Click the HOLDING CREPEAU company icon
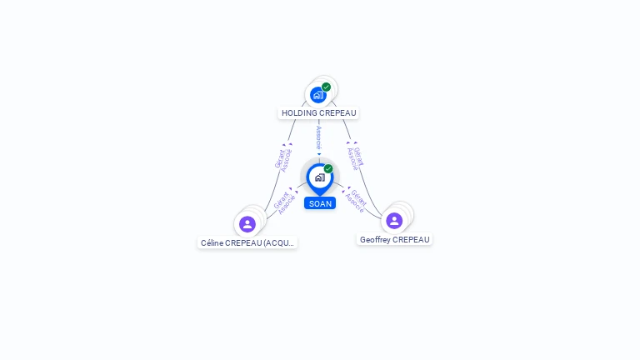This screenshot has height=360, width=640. point(317,95)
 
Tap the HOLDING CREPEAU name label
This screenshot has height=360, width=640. point(319,112)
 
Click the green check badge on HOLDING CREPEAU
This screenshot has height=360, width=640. point(326,87)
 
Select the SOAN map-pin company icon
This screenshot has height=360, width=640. point(319,177)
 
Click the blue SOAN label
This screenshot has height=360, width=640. point(320,203)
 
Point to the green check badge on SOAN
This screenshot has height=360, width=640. point(328,168)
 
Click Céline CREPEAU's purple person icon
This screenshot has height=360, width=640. point(247,224)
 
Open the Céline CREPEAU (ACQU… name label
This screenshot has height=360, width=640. point(247,243)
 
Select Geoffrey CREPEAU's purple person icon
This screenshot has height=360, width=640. point(394,221)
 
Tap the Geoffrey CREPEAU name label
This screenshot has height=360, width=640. point(395,240)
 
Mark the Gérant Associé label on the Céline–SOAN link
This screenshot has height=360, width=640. point(284,203)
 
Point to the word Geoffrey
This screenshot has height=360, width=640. point(375,240)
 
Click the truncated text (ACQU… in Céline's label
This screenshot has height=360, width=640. point(278,243)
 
